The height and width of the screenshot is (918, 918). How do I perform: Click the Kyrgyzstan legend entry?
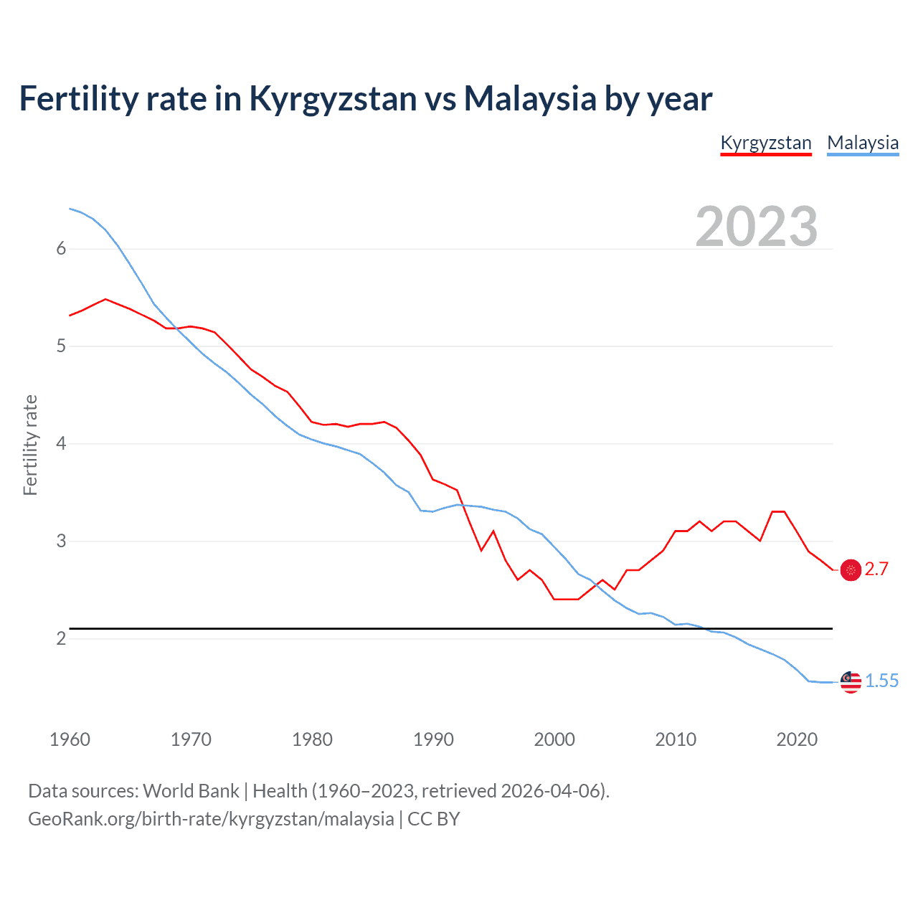(x=765, y=143)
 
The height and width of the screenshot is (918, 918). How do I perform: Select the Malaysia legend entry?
(x=863, y=143)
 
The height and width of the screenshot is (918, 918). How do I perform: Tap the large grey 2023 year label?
(x=757, y=227)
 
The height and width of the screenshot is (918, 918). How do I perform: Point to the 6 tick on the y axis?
(x=61, y=249)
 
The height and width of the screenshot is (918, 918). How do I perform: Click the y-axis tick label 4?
(x=61, y=444)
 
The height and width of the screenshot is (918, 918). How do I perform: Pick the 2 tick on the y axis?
(x=61, y=638)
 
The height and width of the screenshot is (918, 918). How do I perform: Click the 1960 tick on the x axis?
(x=70, y=739)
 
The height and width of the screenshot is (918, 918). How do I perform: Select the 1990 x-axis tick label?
(x=433, y=739)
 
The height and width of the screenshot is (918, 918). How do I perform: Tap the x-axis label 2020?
(x=797, y=739)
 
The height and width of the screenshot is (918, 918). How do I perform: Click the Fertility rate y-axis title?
(x=30, y=445)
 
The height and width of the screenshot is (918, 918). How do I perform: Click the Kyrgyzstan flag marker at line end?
(x=851, y=570)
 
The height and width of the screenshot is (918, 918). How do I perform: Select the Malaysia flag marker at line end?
(x=851, y=682)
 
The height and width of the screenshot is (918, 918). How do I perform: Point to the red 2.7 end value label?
(x=876, y=569)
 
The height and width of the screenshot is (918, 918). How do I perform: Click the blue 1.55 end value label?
(x=881, y=681)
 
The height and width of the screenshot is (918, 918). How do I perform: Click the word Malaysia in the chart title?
(x=530, y=98)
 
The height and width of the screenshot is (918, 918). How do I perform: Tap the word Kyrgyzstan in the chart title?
(x=332, y=98)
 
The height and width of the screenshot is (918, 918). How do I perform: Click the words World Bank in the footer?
(x=191, y=791)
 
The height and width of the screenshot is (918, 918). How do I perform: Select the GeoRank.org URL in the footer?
(x=211, y=819)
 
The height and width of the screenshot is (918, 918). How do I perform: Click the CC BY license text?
(x=433, y=819)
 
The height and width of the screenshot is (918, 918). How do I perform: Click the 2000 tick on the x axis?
(x=554, y=739)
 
